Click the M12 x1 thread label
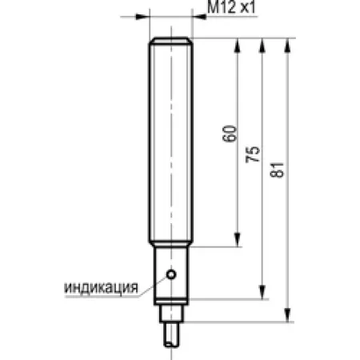pyautogui.click(x=231, y=7)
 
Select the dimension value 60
pyautogui.click(x=229, y=134)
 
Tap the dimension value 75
pyautogui.click(x=253, y=154)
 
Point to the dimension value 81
pyautogui.click(x=277, y=170)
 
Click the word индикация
pyautogui.click(x=102, y=288)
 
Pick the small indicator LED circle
pyautogui.click(x=171, y=274)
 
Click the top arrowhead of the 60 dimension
pyautogui.click(x=238, y=46)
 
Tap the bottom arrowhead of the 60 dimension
pyautogui.click(x=237, y=239)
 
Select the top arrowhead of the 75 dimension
pyautogui.click(x=262, y=46)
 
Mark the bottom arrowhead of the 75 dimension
pyautogui.click(x=262, y=292)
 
